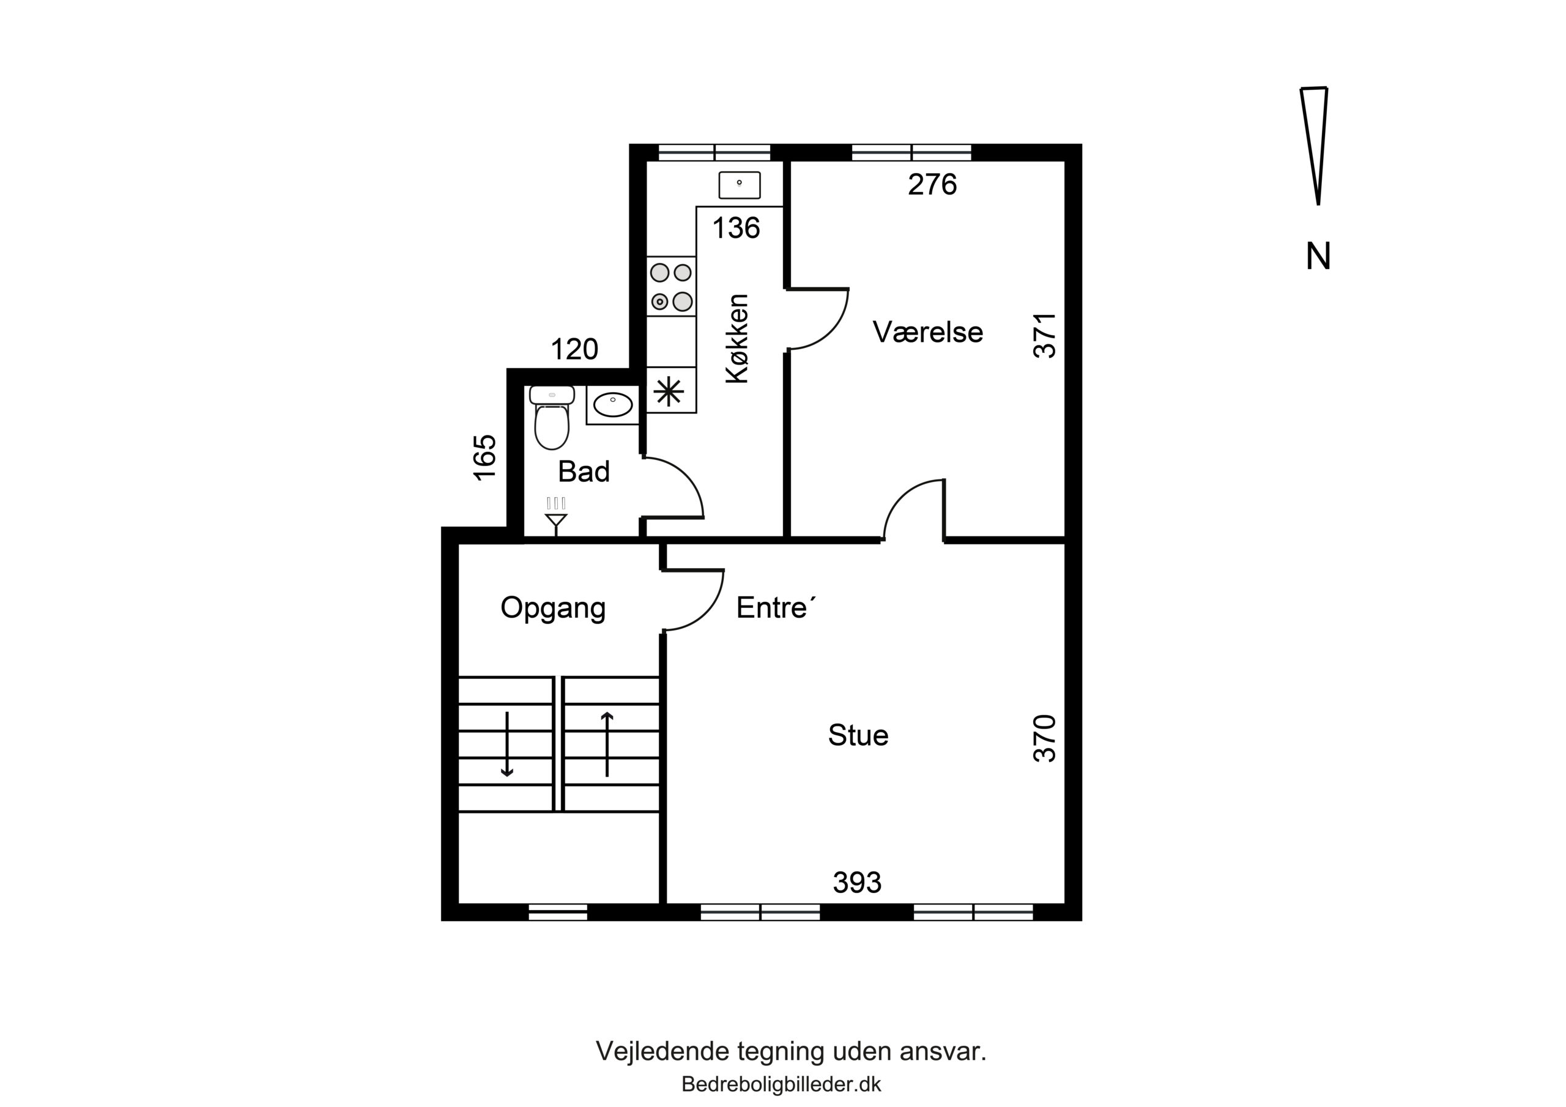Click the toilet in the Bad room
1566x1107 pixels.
(x=552, y=418)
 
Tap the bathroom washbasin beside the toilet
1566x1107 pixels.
(x=612, y=404)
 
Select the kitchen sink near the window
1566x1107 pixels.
(x=740, y=185)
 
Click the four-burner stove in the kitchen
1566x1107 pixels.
(x=671, y=286)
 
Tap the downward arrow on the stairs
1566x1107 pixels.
(x=507, y=744)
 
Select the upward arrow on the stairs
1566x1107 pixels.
(x=607, y=744)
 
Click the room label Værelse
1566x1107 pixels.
(x=927, y=332)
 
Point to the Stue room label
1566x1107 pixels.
(x=858, y=735)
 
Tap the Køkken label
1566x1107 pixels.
(x=737, y=338)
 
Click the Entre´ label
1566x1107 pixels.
(x=776, y=607)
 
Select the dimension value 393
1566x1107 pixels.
(x=858, y=883)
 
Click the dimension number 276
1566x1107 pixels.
(x=932, y=184)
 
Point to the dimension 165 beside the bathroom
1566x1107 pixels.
(x=485, y=457)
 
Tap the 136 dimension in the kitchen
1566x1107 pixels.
(x=736, y=228)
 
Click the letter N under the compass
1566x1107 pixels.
(x=1318, y=257)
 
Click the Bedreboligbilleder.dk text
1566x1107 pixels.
(x=782, y=1084)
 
